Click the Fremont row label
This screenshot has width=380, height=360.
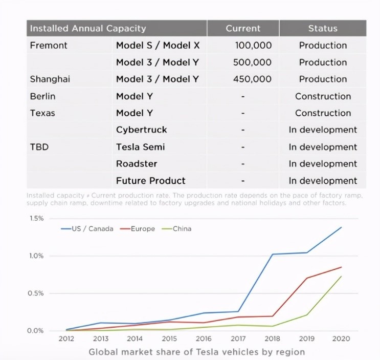click(49, 45)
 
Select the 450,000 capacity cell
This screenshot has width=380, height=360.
click(253, 79)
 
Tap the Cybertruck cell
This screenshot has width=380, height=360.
click(141, 130)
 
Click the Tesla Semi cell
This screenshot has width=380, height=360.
click(140, 147)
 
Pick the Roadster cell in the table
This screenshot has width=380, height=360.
click(137, 164)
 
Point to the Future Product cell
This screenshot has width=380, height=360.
click(150, 181)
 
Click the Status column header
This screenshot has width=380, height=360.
click(323, 29)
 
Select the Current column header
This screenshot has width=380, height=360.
click(243, 29)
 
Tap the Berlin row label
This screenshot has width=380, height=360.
click(43, 96)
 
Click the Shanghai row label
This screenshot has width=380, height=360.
click(50, 79)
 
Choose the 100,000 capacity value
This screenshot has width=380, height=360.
click(253, 45)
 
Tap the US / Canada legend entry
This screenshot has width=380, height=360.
click(87, 229)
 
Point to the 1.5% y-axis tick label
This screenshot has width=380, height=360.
click(36, 218)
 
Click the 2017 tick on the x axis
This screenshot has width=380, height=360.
click(238, 339)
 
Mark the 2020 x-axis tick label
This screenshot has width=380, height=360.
click(341, 339)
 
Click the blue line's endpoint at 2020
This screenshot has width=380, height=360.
click(341, 227)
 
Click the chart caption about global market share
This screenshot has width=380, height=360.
click(196, 352)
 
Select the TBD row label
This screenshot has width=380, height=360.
click(39, 147)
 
